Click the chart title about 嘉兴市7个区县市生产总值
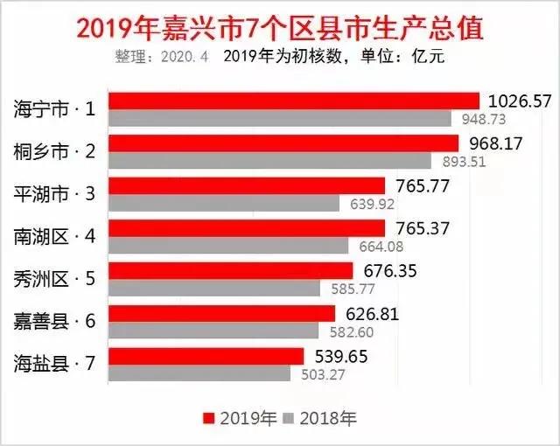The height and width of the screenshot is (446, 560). pyautogui.click(x=280, y=28)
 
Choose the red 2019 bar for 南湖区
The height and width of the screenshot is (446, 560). pyautogui.click(x=249, y=228)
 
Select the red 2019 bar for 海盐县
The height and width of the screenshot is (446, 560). pyautogui.click(x=209, y=356)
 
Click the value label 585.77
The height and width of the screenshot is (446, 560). pyautogui.click(x=348, y=289)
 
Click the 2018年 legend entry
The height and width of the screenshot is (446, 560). pyautogui.click(x=321, y=416)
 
